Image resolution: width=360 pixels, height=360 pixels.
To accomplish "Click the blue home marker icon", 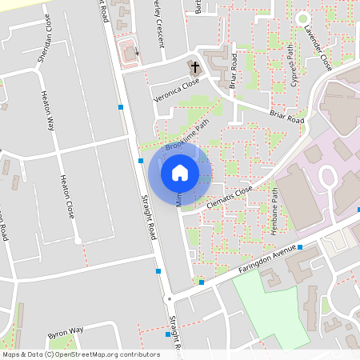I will pyautogui.click(x=179, y=173).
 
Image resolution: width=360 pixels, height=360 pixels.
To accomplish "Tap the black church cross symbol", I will pyautogui.click(x=193, y=66).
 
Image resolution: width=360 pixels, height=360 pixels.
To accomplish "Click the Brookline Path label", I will pyautogui.click(x=186, y=138).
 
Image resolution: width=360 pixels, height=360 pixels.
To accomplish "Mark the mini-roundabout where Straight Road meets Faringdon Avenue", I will pyautogui.click(x=169, y=298).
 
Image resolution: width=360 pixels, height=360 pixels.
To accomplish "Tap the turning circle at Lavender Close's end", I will pyautogui.click(x=302, y=18).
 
